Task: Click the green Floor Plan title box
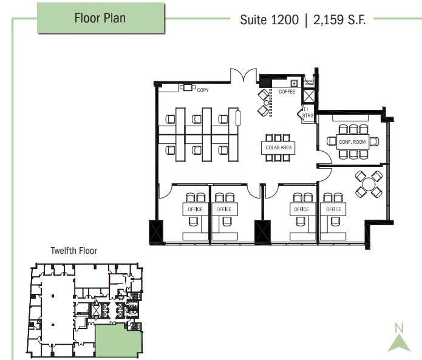coord(100,18)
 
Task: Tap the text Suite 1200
coord(270,19)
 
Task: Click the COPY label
coord(203,90)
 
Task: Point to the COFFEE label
coord(287,92)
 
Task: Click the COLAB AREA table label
coord(279,148)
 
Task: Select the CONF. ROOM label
coord(352,142)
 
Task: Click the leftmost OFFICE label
coord(195,209)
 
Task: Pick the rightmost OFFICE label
coord(333,209)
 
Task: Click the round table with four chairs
coord(369,184)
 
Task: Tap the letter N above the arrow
coord(399,328)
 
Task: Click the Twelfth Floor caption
coord(73,250)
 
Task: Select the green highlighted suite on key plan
coord(118,341)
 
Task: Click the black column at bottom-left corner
coord(156,231)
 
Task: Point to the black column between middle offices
coord(262,231)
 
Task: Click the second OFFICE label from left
coord(224,209)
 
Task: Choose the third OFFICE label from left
coord(301,209)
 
